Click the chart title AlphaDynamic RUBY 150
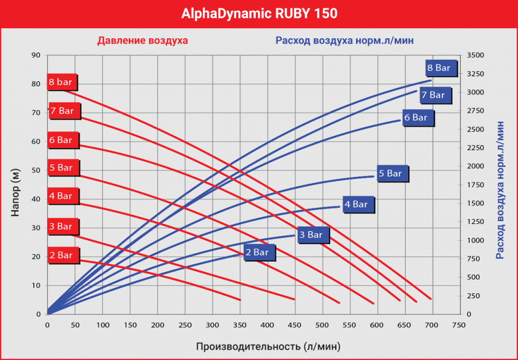(x=259, y=13)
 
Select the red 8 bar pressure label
(x=62, y=82)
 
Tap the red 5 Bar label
(x=62, y=168)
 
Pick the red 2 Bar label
(x=62, y=255)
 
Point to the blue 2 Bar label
(x=258, y=252)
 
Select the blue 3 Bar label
(x=312, y=235)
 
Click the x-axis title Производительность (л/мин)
(x=268, y=345)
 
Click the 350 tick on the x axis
(x=240, y=325)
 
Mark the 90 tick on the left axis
(x=36, y=55)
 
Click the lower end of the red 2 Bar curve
(x=240, y=300)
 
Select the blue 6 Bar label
(x=417, y=118)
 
